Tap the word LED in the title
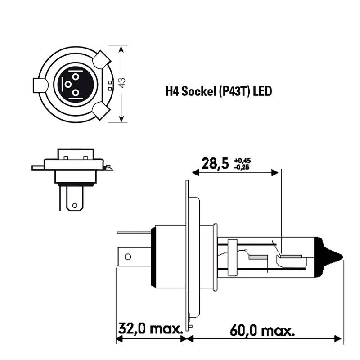pos(262,92)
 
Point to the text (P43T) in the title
pos(234,92)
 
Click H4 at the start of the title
pos(171,92)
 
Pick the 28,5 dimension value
pos(216,163)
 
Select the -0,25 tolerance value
pos(242,167)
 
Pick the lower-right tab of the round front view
pos(102,111)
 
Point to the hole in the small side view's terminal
pos(75,206)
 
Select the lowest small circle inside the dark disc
pos(75,93)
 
